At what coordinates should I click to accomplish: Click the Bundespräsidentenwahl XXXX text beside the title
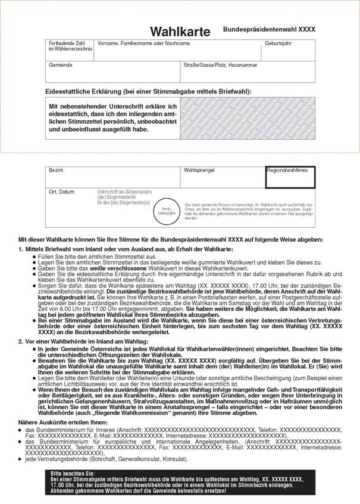[270, 29]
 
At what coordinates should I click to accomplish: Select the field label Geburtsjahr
[278, 43]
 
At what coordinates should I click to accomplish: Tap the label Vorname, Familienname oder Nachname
[139, 43]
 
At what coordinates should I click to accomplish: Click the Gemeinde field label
[60, 64]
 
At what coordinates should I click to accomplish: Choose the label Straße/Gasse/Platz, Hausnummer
[220, 64]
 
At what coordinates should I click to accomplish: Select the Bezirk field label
[56, 170]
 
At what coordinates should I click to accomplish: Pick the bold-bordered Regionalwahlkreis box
[290, 176]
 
